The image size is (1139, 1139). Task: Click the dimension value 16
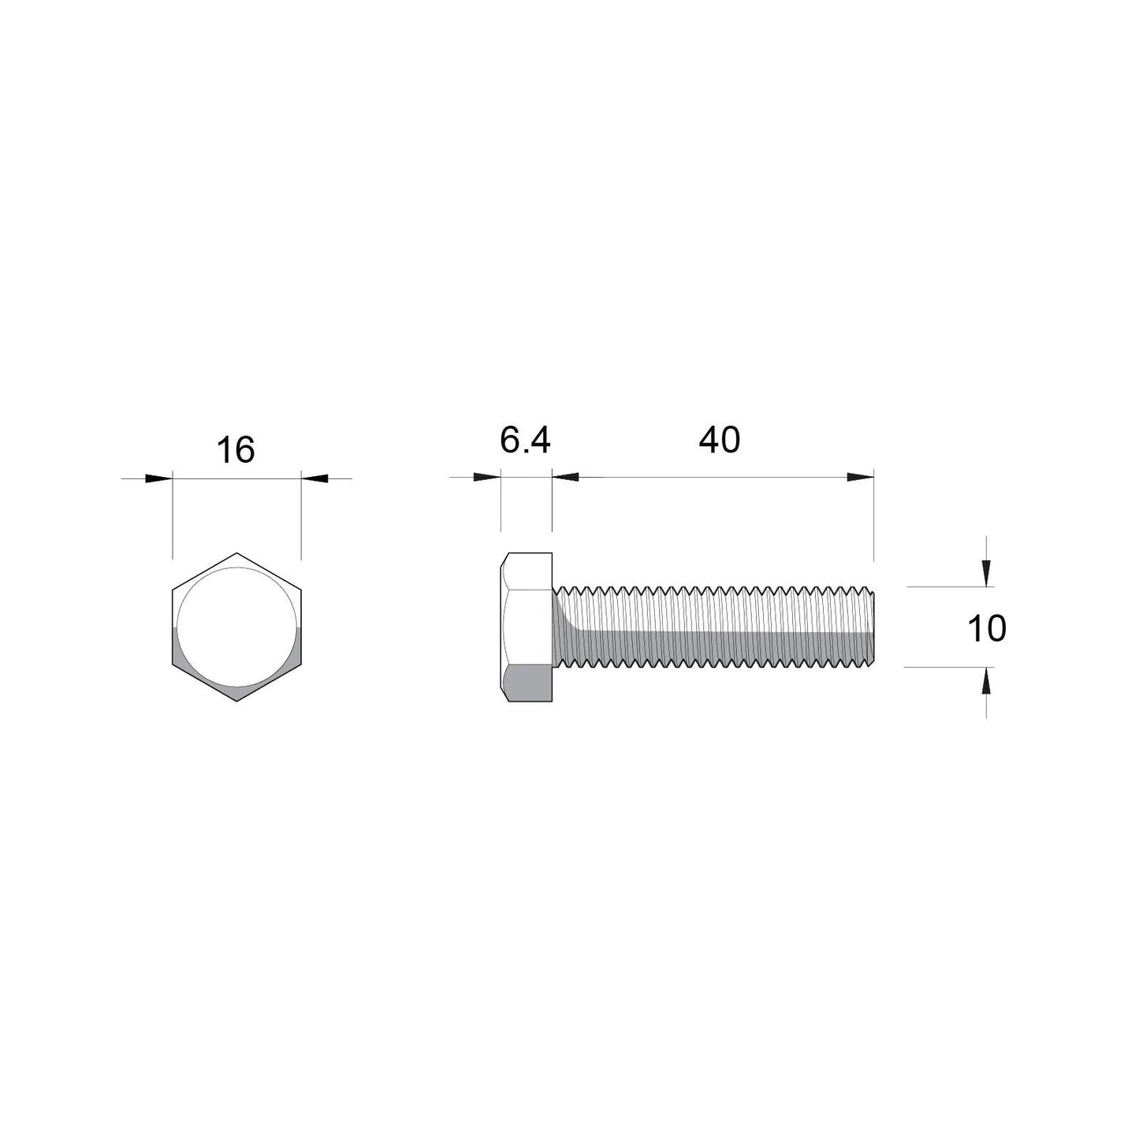pyautogui.click(x=236, y=450)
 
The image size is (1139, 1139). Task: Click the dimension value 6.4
pyautogui.click(x=525, y=440)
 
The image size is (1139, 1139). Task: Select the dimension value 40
pyautogui.click(x=719, y=440)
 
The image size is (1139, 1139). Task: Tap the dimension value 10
pyautogui.click(x=986, y=629)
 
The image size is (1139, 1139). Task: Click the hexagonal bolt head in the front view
pyautogui.click(x=236, y=627)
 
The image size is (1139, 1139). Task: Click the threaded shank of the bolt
pyautogui.click(x=713, y=627)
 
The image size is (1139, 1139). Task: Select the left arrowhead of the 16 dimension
pyautogui.click(x=160, y=478)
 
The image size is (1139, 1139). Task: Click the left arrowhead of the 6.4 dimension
pyautogui.click(x=488, y=478)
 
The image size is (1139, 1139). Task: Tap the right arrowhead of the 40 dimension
pyautogui.click(x=861, y=478)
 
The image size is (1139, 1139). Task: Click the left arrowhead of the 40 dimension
pyautogui.click(x=566, y=478)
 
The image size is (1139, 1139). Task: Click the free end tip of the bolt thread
pyautogui.click(x=873, y=627)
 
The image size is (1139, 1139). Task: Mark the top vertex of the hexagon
pyautogui.click(x=236, y=553)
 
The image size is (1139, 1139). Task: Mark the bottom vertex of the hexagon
pyautogui.click(x=236, y=701)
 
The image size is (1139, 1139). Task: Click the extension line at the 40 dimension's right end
pyautogui.click(x=874, y=520)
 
